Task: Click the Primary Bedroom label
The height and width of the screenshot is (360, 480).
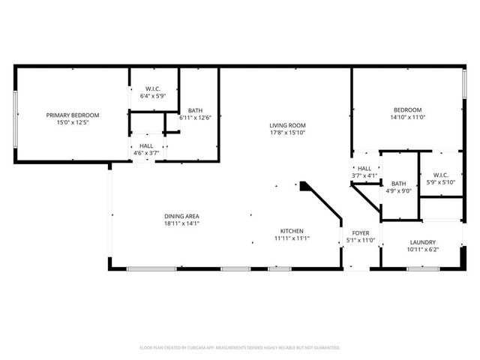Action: (73, 115)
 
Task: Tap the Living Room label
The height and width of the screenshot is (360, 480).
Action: (288, 125)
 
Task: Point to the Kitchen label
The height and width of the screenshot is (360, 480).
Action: (292, 231)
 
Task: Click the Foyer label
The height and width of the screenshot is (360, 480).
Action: (361, 233)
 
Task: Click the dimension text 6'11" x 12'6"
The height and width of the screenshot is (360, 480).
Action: (195, 117)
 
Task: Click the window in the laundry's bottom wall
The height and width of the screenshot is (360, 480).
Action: (422, 268)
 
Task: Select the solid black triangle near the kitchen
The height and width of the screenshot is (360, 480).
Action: (305, 184)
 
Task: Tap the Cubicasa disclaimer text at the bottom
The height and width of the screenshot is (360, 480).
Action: (240, 347)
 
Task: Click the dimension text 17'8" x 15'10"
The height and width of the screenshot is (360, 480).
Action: (288, 133)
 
